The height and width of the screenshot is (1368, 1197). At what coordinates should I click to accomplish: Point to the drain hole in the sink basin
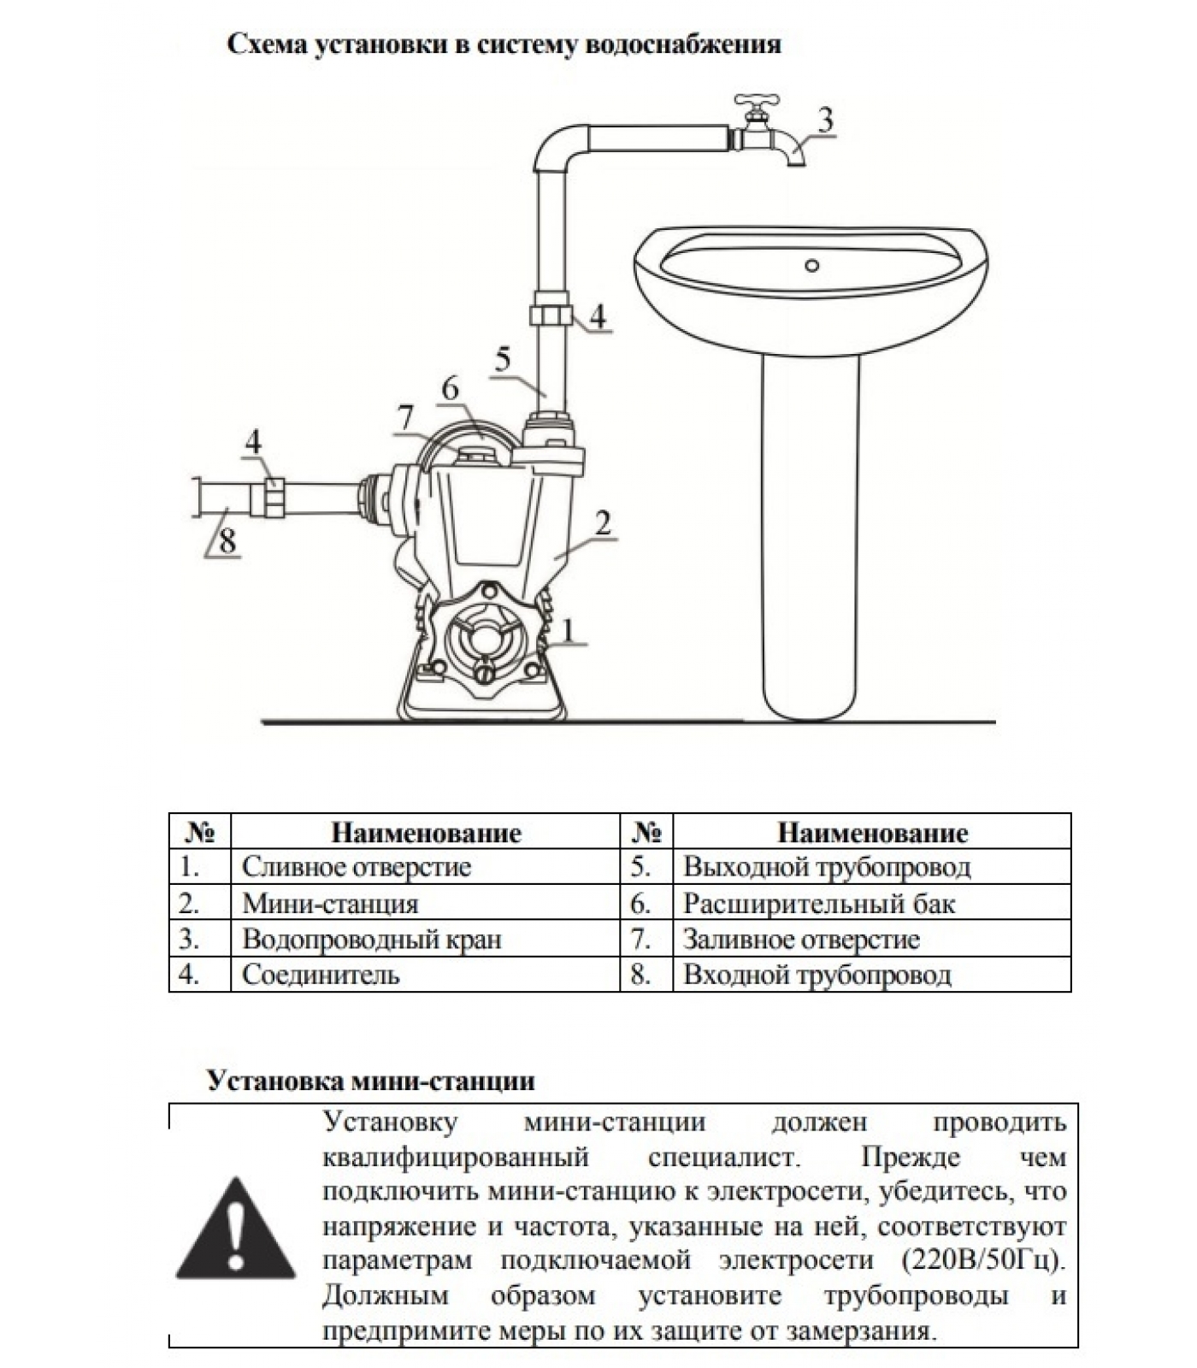tap(812, 266)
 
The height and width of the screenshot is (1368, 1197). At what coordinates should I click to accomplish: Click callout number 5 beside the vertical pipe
tap(503, 359)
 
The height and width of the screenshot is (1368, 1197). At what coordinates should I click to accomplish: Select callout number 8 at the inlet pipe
tap(227, 541)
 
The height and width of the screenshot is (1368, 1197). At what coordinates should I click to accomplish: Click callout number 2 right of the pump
tap(604, 522)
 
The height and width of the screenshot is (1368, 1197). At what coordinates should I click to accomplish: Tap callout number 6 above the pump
tap(450, 389)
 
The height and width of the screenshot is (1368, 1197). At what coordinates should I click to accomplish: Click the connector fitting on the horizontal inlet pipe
tap(274, 497)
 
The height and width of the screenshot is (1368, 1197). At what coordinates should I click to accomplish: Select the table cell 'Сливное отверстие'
tap(357, 867)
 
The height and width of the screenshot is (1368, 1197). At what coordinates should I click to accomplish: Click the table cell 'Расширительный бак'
tap(819, 904)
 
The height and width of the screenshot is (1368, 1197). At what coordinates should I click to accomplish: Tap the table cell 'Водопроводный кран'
tap(372, 940)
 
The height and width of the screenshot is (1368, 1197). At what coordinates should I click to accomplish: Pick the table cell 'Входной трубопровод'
tap(817, 975)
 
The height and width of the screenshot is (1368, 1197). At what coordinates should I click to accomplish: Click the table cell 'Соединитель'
tap(321, 975)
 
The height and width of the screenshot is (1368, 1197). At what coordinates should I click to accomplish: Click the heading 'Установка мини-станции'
tap(371, 1081)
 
